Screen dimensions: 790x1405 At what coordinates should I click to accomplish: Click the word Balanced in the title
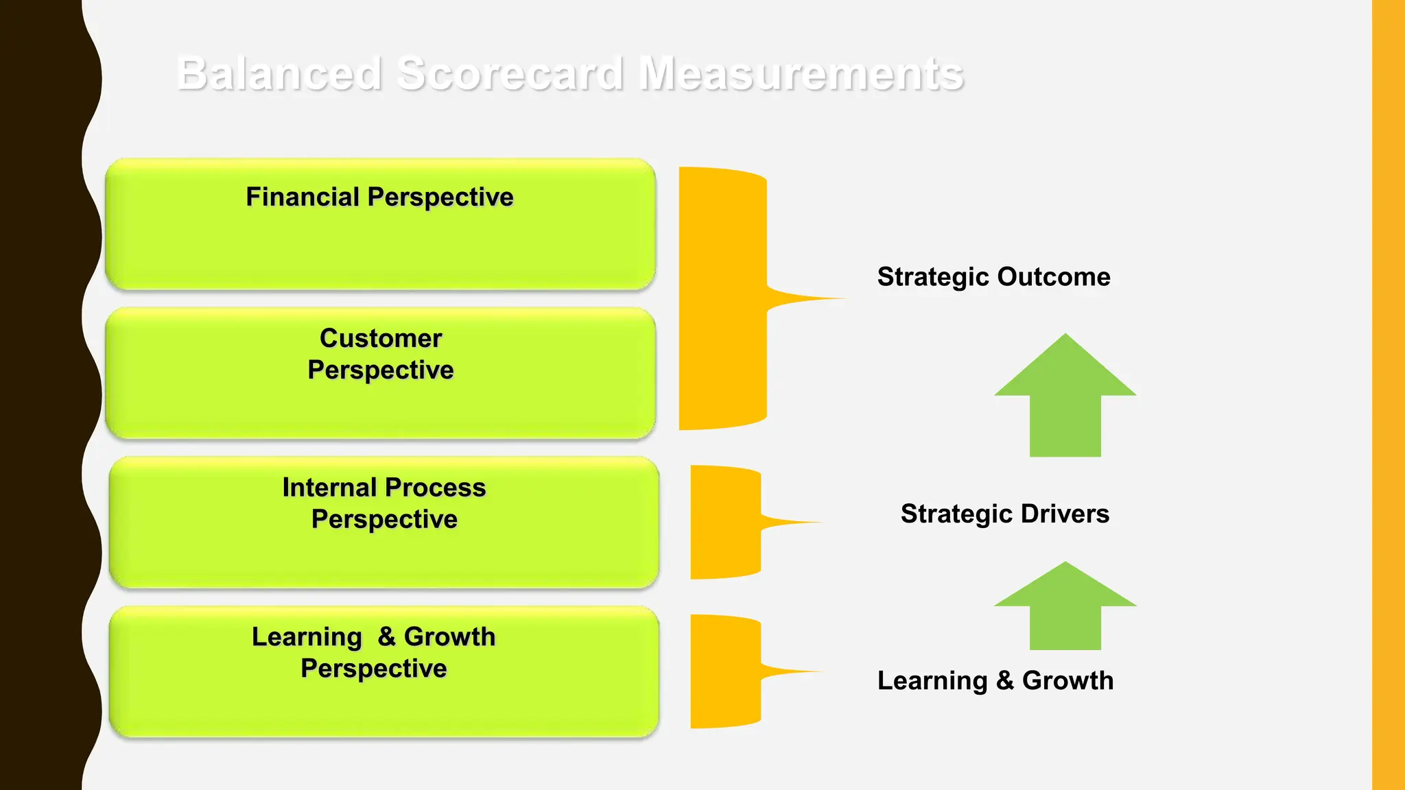[279, 73]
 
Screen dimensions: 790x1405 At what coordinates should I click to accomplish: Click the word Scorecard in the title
[510, 73]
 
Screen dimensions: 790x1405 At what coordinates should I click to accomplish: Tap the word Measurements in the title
[801, 73]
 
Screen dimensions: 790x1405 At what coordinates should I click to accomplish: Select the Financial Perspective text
[379, 197]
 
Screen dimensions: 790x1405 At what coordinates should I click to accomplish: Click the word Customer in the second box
[381, 339]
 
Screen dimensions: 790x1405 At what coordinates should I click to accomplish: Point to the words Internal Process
[383, 488]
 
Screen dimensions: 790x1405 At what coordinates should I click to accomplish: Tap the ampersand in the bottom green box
[386, 636]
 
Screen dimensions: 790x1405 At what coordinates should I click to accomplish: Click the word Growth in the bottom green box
[449, 637]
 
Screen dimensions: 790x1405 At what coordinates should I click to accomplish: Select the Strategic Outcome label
[993, 277]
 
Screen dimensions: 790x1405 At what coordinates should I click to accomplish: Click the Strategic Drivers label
[1004, 514]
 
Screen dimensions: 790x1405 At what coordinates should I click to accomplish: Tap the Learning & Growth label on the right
[995, 681]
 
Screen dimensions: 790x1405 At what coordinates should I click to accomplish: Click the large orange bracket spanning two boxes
[722, 298]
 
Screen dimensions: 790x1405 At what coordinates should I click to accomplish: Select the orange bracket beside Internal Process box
[724, 523]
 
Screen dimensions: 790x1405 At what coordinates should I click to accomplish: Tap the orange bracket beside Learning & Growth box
[724, 671]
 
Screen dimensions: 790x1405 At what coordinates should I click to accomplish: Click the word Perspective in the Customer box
[381, 370]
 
